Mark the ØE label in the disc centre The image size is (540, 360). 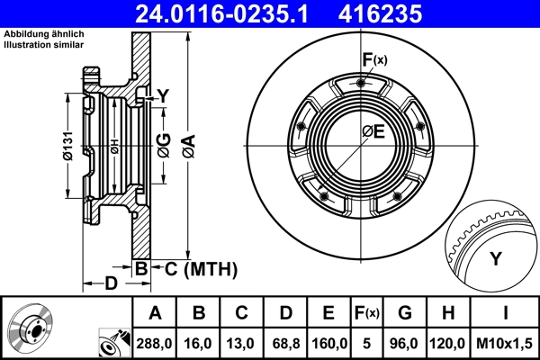click(373, 132)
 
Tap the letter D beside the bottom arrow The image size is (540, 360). click(111, 284)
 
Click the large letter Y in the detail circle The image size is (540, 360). click(495, 260)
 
